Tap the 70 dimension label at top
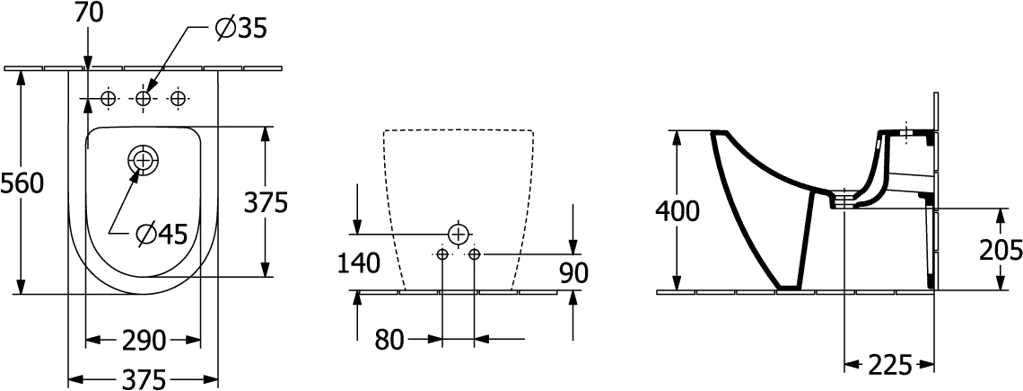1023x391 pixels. (x=88, y=13)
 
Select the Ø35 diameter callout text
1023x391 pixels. (x=240, y=28)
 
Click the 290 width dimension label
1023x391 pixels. (x=144, y=340)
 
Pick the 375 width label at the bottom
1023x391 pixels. (x=144, y=379)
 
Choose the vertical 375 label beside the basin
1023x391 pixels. (x=267, y=203)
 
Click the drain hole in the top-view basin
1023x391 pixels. (x=142, y=159)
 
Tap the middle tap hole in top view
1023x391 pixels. (x=143, y=98)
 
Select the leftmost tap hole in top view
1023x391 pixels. (x=109, y=98)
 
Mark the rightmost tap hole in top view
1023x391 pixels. (x=177, y=98)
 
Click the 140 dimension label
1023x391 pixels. (x=359, y=262)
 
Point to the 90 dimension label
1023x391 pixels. (x=574, y=273)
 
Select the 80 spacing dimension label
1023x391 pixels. (x=389, y=340)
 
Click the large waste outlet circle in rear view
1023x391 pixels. (x=459, y=234)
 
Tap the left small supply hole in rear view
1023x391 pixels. (x=442, y=253)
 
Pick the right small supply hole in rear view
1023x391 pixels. (x=475, y=253)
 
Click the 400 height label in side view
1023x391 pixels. (x=678, y=211)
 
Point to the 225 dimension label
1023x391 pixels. (x=890, y=366)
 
